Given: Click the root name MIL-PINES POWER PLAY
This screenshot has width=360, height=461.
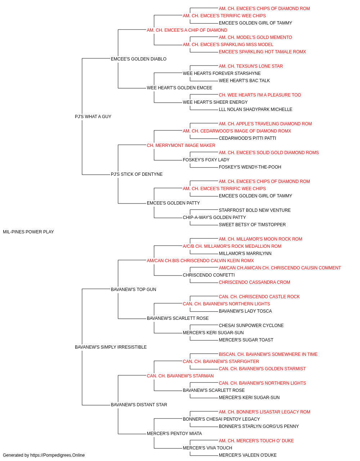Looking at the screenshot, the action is (28, 232).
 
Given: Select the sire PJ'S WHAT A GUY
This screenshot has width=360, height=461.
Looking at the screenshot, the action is (93, 117).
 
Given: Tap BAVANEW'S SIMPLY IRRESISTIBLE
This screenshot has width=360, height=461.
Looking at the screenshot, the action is (111, 347).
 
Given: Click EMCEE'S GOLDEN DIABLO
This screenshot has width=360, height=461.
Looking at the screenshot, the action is (139, 59).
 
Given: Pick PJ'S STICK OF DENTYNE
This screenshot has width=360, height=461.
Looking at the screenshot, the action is (136, 174).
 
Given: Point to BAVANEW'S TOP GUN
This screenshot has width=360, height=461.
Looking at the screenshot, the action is (133, 289).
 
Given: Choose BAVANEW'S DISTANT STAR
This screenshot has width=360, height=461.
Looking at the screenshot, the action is (139, 404).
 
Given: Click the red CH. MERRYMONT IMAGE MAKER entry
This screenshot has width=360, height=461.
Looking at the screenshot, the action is (181, 145).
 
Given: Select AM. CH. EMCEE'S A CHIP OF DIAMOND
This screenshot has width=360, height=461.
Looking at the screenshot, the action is (187, 30).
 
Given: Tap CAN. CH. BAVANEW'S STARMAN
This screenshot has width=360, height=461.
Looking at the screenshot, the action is (180, 376).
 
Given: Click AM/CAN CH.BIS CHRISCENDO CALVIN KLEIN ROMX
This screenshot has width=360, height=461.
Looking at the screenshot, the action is (200, 260).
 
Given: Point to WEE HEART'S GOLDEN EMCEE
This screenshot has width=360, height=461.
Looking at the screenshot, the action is (179, 88).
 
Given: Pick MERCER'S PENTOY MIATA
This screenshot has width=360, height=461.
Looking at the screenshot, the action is (174, 433).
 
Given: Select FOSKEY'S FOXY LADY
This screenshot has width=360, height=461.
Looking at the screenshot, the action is (206, 160).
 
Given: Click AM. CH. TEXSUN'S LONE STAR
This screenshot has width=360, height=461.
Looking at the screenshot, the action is (251, 66).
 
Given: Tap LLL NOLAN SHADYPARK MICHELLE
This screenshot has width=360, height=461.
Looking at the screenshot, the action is (256, 109).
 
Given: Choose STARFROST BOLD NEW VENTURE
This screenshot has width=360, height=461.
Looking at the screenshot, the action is (255, 210).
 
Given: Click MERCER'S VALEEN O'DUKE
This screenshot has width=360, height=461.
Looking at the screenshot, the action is (248, 455).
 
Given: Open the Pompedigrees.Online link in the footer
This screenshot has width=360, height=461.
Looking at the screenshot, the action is (58, 455).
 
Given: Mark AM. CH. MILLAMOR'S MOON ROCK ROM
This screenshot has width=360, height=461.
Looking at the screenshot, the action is (261, 239).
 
